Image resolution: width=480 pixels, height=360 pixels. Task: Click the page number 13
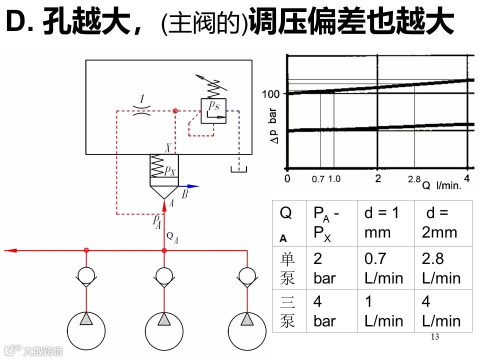click(434, 336)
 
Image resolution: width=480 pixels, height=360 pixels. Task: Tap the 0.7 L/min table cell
click(384, 268)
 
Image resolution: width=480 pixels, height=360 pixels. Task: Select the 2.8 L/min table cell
click(441, 268)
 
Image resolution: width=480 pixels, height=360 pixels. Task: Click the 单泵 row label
click(287, 268)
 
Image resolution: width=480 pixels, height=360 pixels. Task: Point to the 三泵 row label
click(287, 311)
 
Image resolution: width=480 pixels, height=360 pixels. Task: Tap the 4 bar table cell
click(324, 311)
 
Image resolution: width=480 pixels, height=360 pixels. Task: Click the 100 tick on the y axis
click(273, 93)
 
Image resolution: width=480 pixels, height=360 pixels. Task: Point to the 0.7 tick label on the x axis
click(318, 179)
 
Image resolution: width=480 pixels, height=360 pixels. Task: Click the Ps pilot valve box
click(213, 110)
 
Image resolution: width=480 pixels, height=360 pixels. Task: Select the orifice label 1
click(142, 100)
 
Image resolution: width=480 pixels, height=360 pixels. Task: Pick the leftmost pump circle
click(86, 330)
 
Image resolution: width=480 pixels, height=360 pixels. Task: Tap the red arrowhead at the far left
click(9, 250)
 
